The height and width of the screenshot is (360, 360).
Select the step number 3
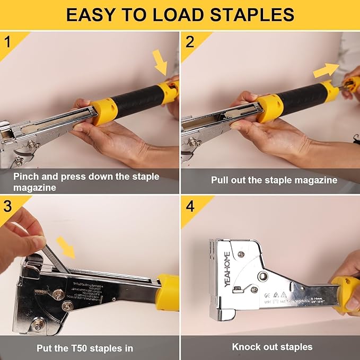click(x=7, y=206)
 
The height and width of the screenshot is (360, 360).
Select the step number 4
click(x=190, y=206)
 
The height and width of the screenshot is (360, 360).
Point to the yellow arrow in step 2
click(x=326, y=70)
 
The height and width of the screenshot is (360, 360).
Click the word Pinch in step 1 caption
click(x=25, y=177)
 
